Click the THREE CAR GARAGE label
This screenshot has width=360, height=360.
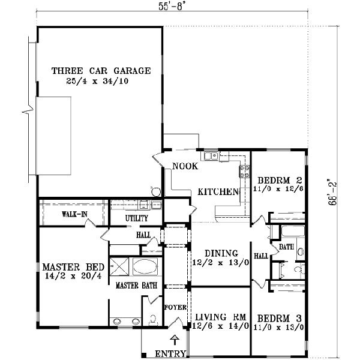[101, 71]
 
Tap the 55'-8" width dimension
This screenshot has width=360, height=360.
[172, 7]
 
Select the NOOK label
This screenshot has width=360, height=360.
[185, 166]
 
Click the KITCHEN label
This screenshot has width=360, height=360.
[218, 192]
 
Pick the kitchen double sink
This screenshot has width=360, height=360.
[211, 156]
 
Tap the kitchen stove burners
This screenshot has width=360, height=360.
[244, 172]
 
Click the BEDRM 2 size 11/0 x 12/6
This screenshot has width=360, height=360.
[278, 189]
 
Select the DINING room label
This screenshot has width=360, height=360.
[221, 253]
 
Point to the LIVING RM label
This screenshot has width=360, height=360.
[220, 317]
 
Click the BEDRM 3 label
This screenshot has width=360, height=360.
[279, 319]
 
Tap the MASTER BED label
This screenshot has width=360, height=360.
[73, 267]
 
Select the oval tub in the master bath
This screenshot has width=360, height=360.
[145, 266]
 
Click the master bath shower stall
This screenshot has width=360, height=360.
[119, 266]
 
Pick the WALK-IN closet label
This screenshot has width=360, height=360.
[74, 214]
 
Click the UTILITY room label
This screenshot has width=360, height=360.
[137, 218]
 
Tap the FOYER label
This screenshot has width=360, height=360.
[175, 307]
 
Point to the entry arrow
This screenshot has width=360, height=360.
[175, 340]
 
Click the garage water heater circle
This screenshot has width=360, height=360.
[157, 192]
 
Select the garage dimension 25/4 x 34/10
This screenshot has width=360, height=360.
[97, 81]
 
